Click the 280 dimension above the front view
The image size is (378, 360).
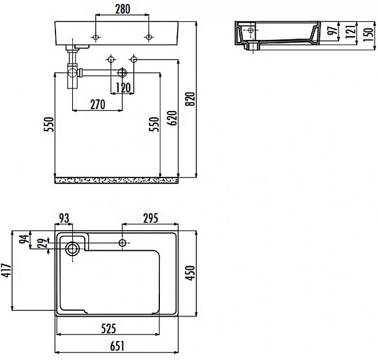coord(122,9)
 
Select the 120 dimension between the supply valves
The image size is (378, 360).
coord(122,88)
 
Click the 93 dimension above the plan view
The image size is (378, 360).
coord(63,218)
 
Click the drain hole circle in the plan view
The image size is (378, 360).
coord(73,249)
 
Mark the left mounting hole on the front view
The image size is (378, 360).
coord(95,38)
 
